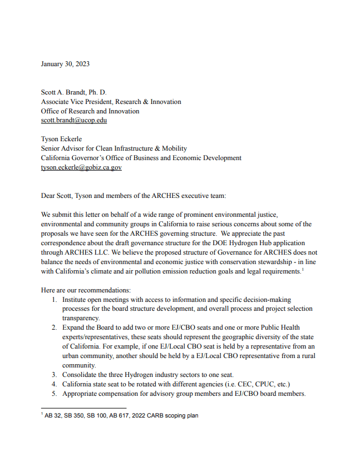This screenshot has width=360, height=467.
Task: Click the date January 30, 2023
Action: [x=65, y=63]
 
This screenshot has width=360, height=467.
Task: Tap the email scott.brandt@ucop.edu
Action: [x=73, y=120]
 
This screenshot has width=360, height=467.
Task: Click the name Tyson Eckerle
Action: [x=62, y=139]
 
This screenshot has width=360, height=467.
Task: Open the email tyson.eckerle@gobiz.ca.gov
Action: [x=81, y=167]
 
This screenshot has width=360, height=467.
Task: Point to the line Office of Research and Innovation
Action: [x=90, y=111]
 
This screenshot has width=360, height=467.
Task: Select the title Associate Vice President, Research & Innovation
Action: [x=111, y=102]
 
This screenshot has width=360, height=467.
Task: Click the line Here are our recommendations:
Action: [x=86, y=290]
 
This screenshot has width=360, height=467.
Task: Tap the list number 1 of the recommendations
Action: [x=55, y=300]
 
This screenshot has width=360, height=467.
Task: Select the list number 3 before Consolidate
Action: [x=55, y=375]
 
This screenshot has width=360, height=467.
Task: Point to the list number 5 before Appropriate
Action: [x=55, y=394]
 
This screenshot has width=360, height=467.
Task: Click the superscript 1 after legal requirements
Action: [x=302, y=269]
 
